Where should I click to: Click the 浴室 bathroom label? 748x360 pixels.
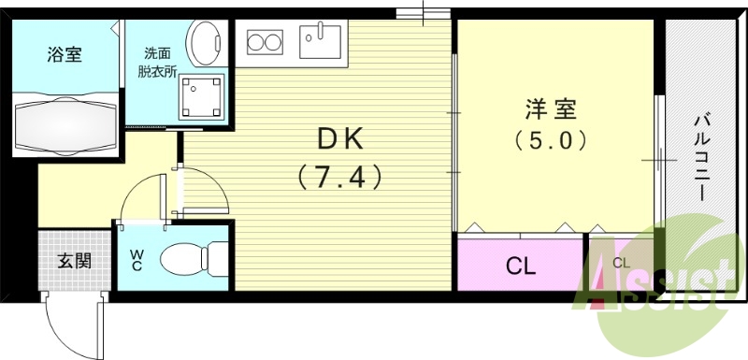65,53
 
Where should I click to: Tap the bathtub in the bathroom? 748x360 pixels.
65,121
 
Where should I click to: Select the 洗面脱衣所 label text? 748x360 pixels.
158,64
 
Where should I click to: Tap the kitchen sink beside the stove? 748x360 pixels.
321,42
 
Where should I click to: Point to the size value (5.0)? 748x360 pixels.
551,142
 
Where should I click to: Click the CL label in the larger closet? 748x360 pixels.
521,266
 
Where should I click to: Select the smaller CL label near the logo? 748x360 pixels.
621,264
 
